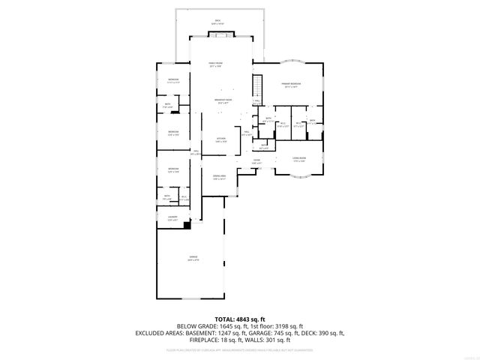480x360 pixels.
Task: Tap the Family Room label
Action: pos(218,64)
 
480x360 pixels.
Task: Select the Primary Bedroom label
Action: pos(290,84)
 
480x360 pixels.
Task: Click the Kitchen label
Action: pos(220,139)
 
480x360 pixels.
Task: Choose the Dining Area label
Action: pos(219,177)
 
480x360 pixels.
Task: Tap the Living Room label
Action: pos(298,160)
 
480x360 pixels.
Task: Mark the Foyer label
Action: pos(256,160)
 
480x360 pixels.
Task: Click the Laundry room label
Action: pos(172,217)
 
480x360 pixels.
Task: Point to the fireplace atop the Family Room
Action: pos(219,34)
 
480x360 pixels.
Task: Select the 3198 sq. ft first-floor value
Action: pos(289,326)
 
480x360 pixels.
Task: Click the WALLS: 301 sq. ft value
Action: pos(272,339)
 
